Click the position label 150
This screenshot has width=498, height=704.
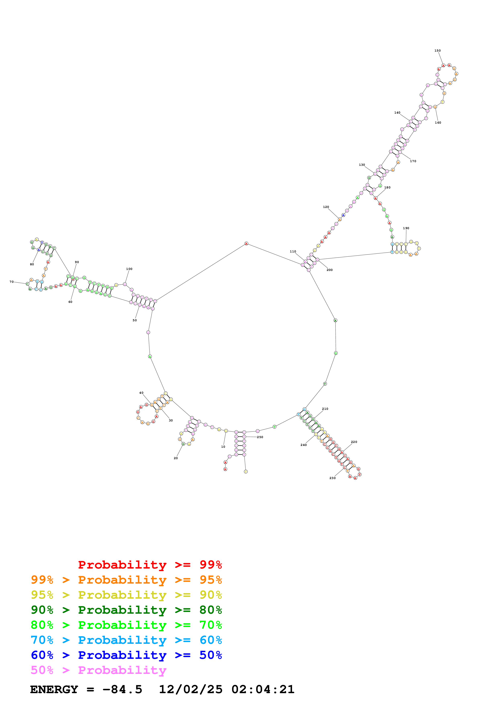click(437, 51)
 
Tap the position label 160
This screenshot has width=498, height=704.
click(438, 123)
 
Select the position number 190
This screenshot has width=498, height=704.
click(406, 228)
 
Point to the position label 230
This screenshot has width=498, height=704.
click(332, 478)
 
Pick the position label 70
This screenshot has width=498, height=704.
click(11, 282)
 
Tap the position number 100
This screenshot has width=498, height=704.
click(129, 269)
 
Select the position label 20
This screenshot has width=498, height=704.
click(176, 458)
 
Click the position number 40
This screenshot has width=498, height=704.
click(141, 393)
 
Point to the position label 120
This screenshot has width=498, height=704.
click(326, 207)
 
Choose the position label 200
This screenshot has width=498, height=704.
click(329, 270)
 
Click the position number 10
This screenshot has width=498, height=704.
click(223, 447)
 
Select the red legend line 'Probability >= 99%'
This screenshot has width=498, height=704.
click(150, 565)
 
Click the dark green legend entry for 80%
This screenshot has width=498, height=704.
click(126, 610)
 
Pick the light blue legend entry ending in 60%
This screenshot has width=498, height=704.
click(126, 640)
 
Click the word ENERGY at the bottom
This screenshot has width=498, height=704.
click(54, 689)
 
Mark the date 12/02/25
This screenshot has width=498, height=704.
click(191, 689)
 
